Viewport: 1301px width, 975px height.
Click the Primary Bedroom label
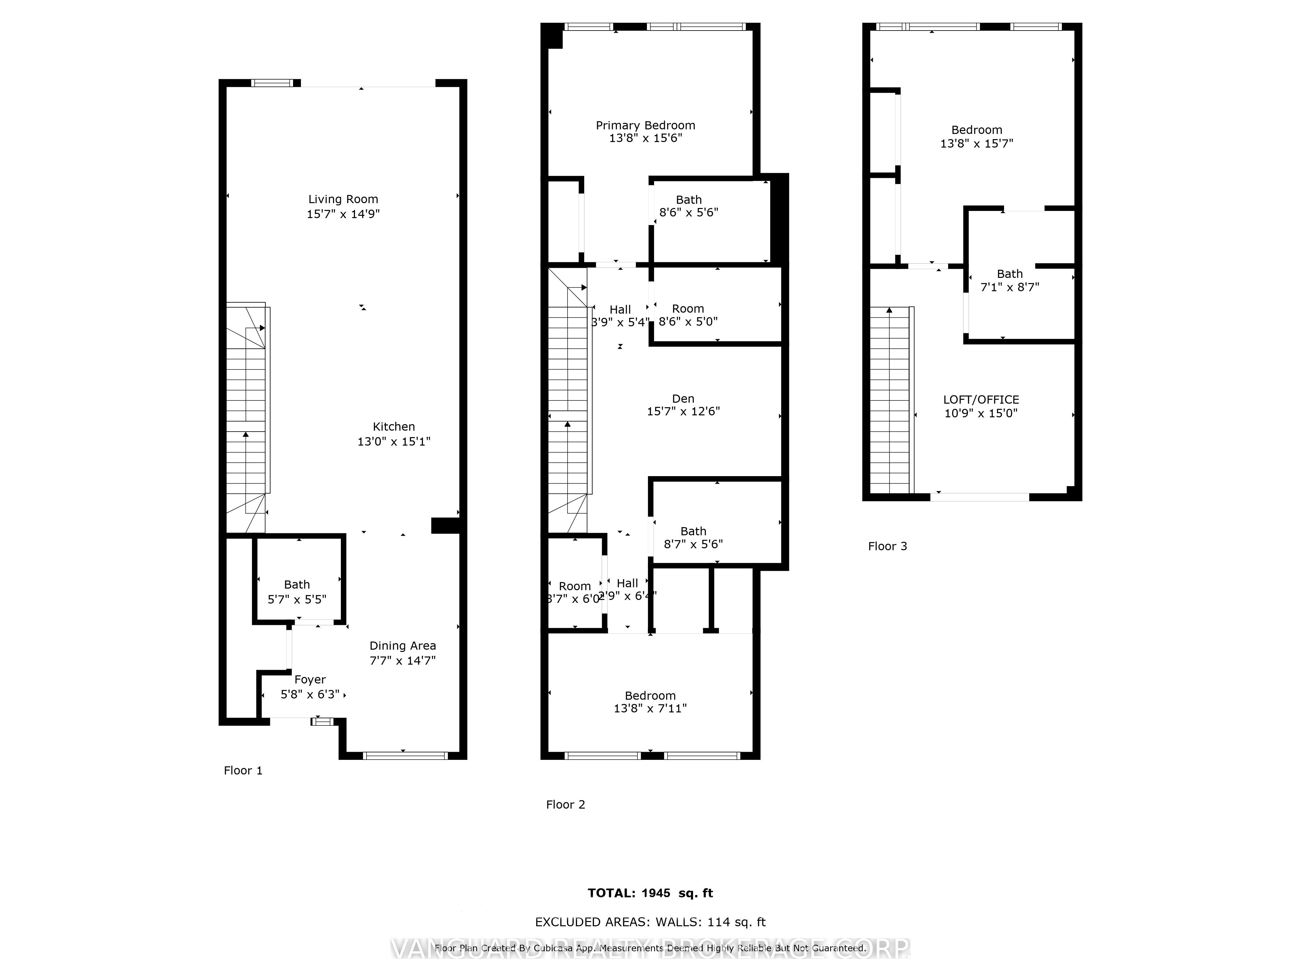[645, 125]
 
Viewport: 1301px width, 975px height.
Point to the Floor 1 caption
[243, 771]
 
